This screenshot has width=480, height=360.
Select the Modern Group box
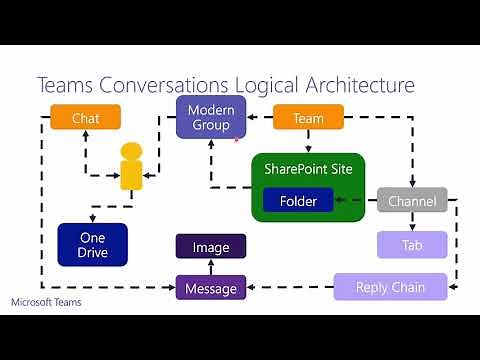pyautogui.click(x=211, y=117)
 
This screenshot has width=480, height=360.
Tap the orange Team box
pyautogui.click(x=308, y=118)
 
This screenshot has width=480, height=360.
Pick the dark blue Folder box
pyautogui.click(x=298, y=201)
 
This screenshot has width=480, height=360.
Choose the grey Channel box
pyautogui.click(x=411, y=201)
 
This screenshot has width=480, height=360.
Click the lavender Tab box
pyautogui.click(x=411, y=245)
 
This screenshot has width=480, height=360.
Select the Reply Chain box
pyautogui.click(x=390, y=288)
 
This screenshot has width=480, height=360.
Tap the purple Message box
pyautogui.click(x=211, y=289)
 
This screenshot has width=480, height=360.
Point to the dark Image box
pyautogui.click(x=211, y=246)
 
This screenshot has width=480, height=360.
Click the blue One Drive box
pyautogui.click(x=92, y=245)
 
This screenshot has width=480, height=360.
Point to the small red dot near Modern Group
pyautogui.click(x=235, y=141)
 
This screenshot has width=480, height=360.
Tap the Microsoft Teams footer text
pyautogui.click(x=47, y=302)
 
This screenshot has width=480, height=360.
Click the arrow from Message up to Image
pyautogui.click(x=211, y=266)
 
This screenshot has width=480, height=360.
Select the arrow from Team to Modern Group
pyautogui.click(x=259, y=118)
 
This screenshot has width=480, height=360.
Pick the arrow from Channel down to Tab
pyautogui.click(x=411, y=222)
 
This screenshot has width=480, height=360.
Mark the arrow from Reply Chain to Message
pyautogui.click(x=290, y=289)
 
